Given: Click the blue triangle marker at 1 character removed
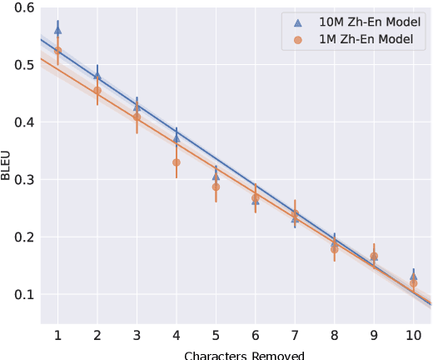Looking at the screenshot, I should click(x=57, y=29).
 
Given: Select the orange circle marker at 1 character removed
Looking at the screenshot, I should click(x=57, y=51).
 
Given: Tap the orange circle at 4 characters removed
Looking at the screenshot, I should click(x=177, y=162).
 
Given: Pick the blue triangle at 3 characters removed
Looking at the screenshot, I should click(x=137, y=106).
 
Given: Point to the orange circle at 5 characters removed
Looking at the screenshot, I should click(x=216, y=187).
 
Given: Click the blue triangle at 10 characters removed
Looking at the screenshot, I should click(x=414, y=276).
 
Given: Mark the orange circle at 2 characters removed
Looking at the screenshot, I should click(x=97, y=90).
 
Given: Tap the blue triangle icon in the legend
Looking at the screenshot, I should click(x=298, y=23).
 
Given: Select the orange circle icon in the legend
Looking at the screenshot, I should click(x=298, y=40).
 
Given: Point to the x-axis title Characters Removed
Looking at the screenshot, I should click(x=244, y=355).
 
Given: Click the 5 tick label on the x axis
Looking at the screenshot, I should click(x=216, y=335).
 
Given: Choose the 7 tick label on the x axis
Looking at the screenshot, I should click(x=295, y=335).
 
